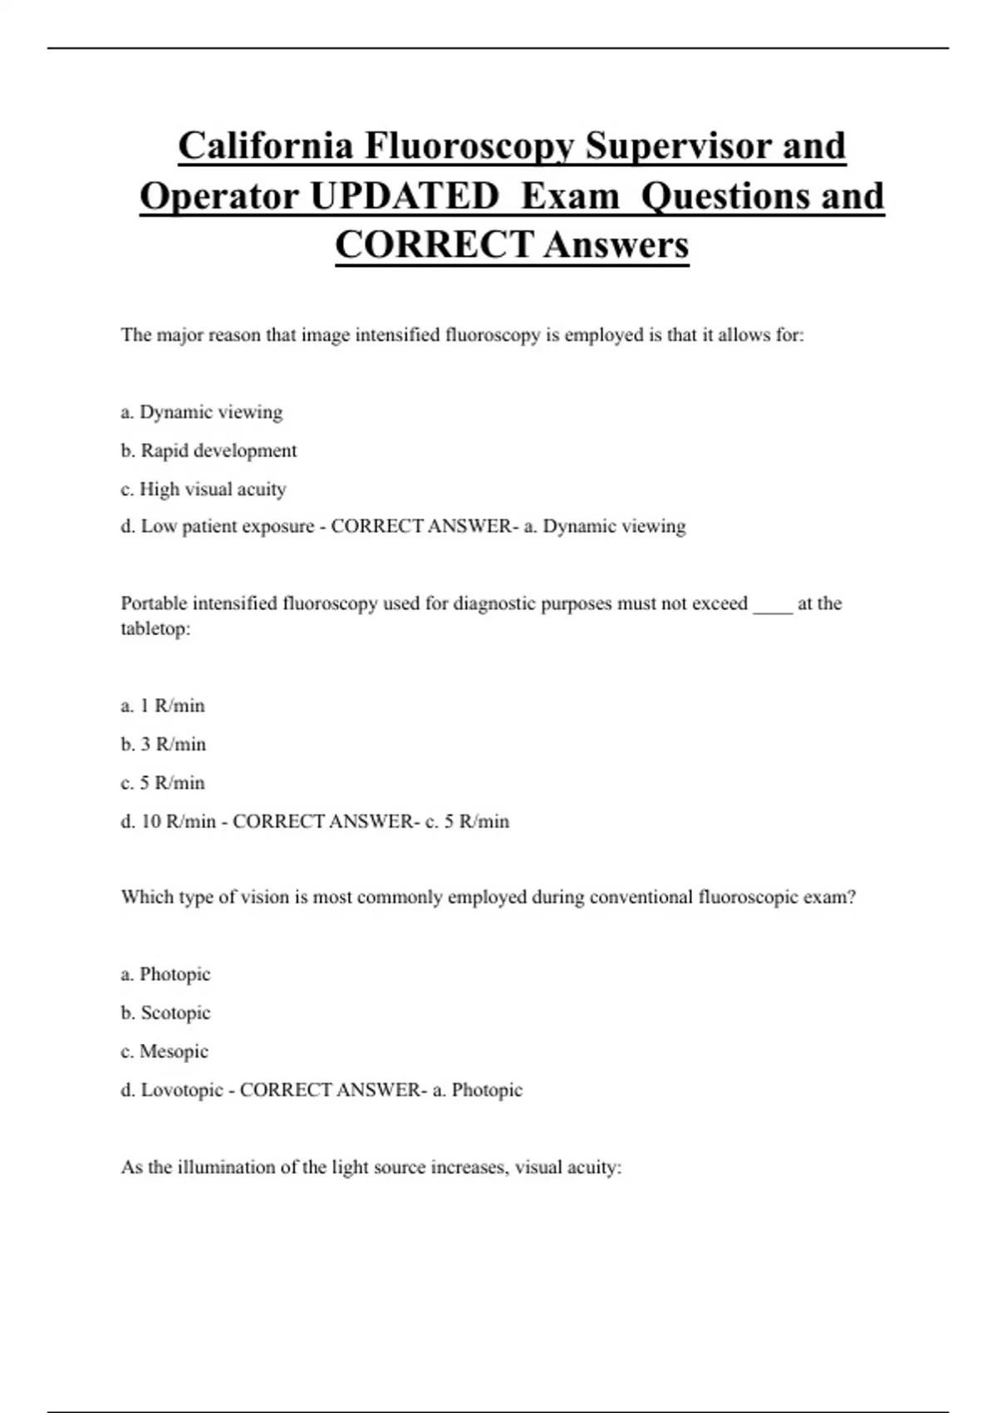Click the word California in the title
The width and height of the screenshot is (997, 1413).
[x=265, y=146]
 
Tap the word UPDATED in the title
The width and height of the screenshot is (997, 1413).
[x=404, y=196]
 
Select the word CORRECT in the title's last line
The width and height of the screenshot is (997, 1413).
[x=434, y=244]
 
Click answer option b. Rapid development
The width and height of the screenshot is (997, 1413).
[x=209, y=450]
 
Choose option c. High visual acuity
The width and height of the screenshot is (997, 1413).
[x=204, y=489]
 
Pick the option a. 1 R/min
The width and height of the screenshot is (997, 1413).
[x=163, y=706]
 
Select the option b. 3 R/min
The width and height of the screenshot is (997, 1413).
[x=164, y=744]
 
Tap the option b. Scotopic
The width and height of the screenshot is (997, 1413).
[x=166, y=1012]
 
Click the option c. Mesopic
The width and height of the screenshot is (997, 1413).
[x=165, y=1051]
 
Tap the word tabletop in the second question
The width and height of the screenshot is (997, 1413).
[x=154, y=628]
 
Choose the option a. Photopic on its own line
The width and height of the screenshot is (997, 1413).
[x=165, y=974]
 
